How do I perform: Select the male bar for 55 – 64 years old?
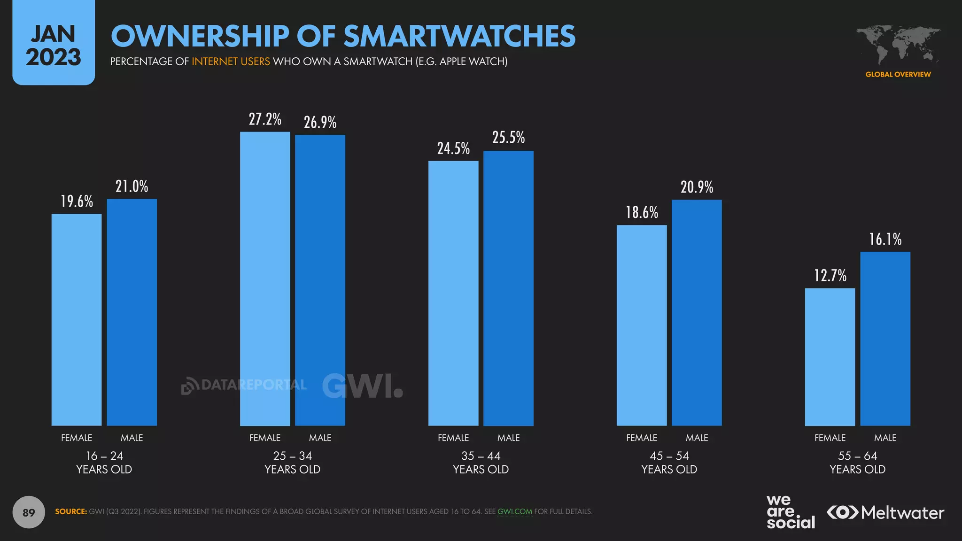tap(885, 339)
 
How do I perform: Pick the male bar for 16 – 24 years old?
tap(132, 312)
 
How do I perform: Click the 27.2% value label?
tap(265, 119)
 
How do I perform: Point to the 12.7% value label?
tap(830, 276)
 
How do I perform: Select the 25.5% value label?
tap(508, 138)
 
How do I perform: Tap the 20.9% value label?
tap(697, 187)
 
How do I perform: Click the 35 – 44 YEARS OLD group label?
tap(481, 463)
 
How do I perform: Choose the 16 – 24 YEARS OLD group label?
tap(104, 463)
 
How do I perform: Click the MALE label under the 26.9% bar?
tap(320, 438)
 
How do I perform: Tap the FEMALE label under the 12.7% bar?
tap(830, 438)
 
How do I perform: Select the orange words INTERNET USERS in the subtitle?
tap(231, 62)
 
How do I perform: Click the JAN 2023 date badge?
tap(54, 45)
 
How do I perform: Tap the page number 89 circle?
tap(29, 512)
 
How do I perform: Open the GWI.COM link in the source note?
tap(514, 511)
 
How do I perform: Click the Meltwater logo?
tap(885, 512)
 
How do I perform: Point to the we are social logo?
tap(790, 512)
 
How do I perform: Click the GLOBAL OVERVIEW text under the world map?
tap(898, 74)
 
